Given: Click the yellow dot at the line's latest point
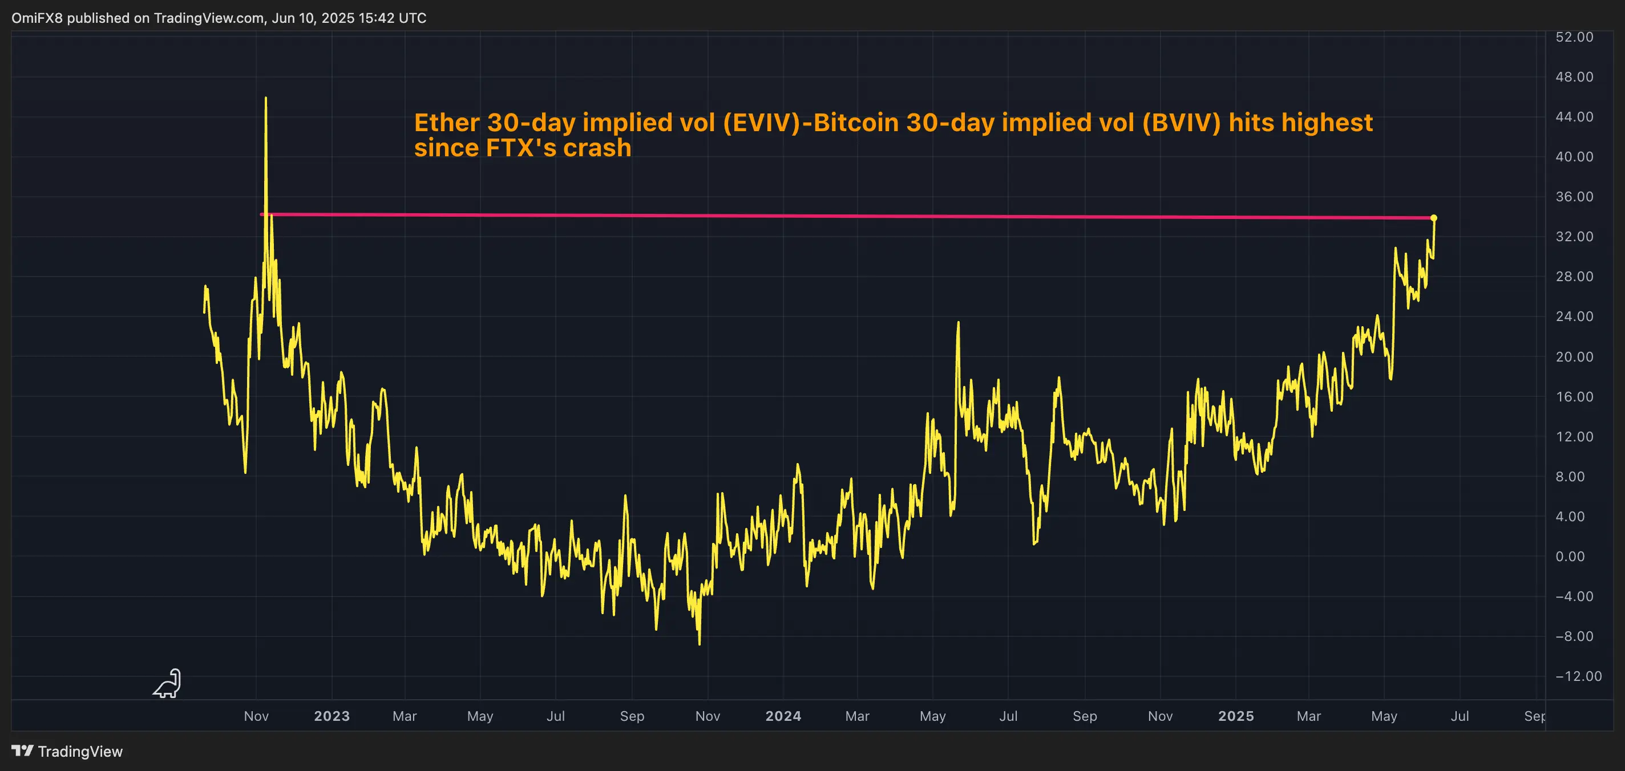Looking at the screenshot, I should [x=1434, y=218].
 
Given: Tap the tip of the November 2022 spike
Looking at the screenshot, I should [x=265, y=98].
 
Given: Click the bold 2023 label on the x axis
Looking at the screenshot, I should [x=332, y=716].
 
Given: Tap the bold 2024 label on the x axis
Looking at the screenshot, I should [x=783, y=716].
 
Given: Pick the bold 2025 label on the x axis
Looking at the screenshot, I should [x=1236, y=716].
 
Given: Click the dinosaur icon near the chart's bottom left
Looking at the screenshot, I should [x=168, y=684].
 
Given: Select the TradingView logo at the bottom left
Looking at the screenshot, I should [x=67, y=752].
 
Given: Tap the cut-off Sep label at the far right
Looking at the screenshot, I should [x=1534, y=716].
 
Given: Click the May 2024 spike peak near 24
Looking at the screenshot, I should [x=958, y=323].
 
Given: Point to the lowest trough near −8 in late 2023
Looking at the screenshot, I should [x=700, y=643].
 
